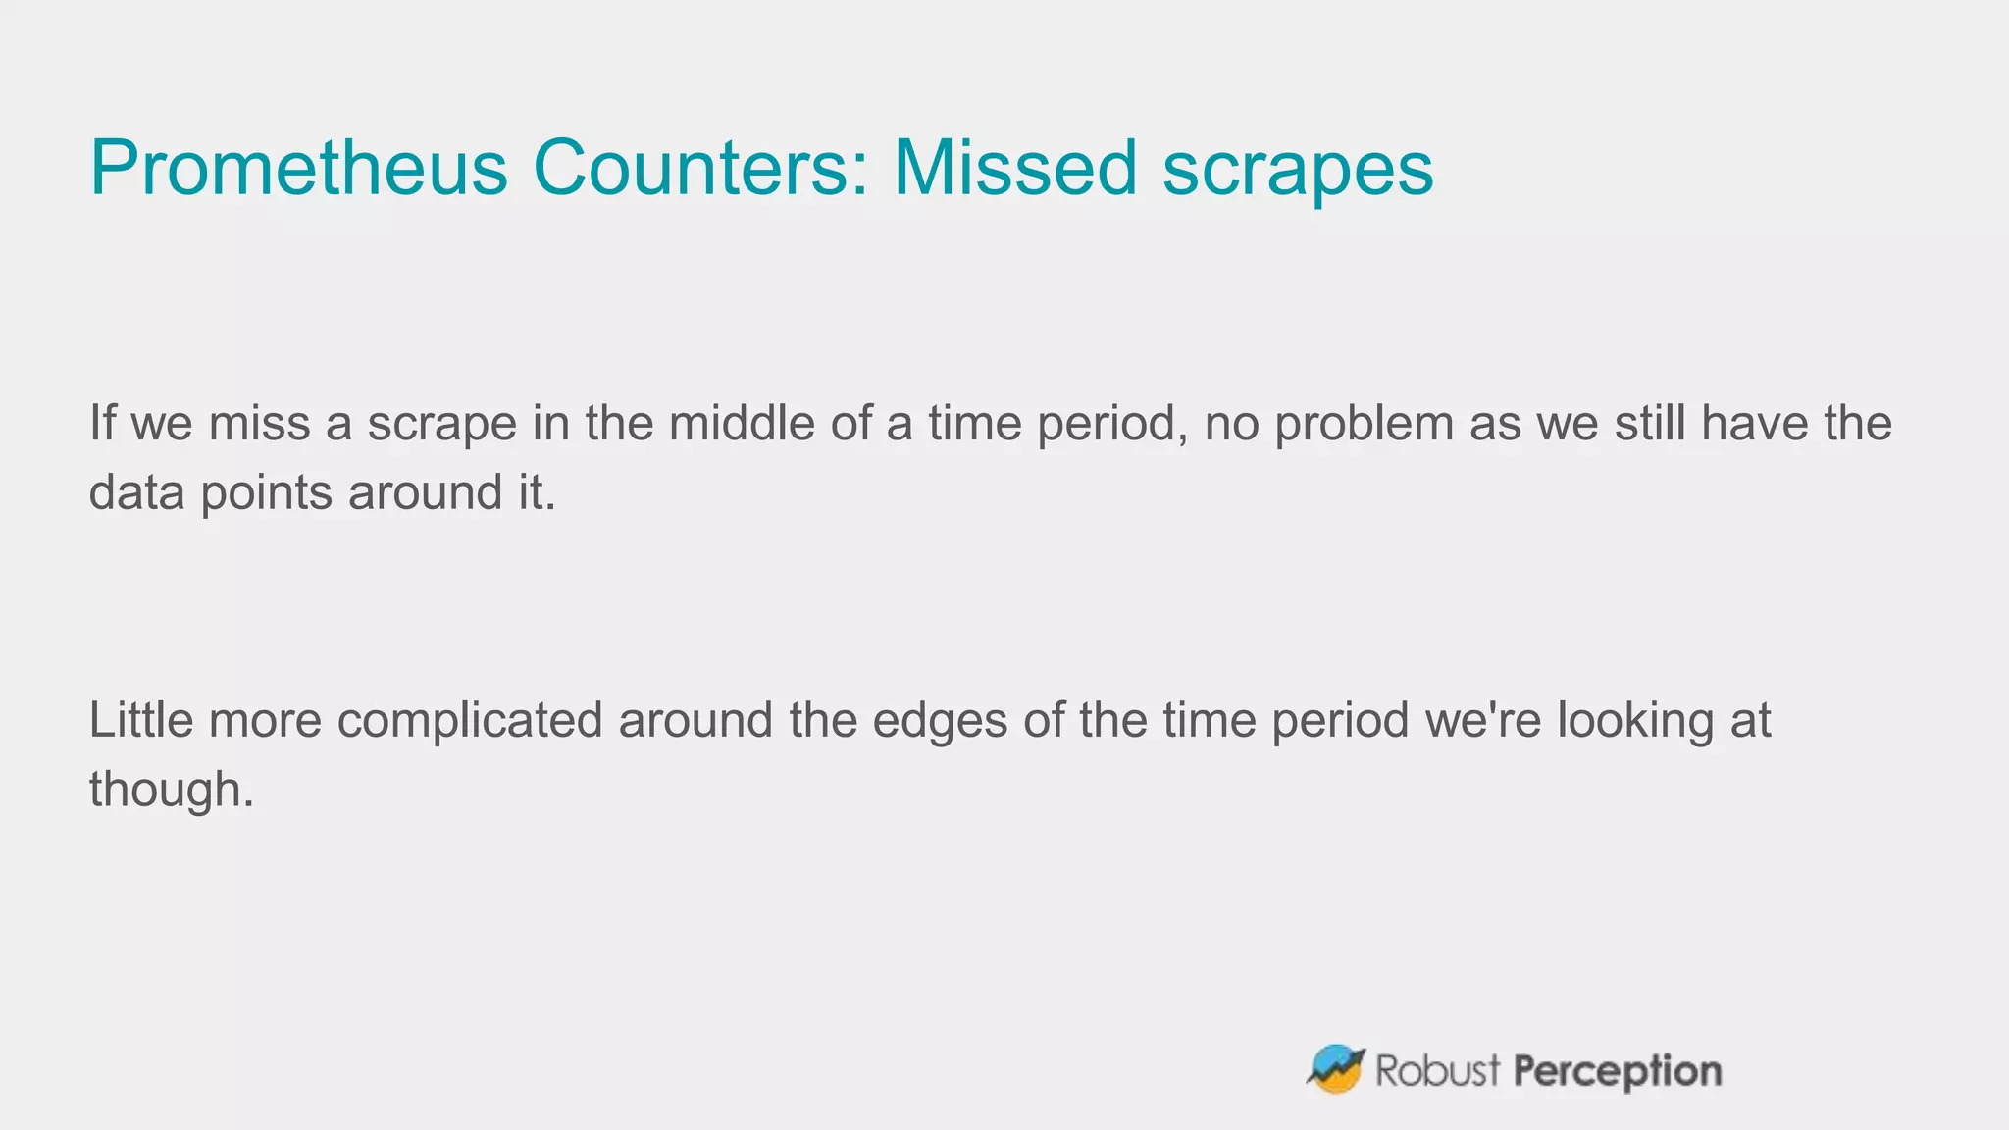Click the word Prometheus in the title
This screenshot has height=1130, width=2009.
click(x=298, y=169)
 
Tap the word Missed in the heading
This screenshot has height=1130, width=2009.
click(x=1014, y=169)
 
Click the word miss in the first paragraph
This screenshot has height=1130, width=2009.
click(x=259, y=424)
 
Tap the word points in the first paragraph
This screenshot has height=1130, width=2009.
click(x=266, y=493)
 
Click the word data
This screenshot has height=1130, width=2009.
click(x=136, y=492)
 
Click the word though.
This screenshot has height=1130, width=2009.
click(x=171, y=791)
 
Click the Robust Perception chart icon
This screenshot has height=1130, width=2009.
click(x=1336, y=1069)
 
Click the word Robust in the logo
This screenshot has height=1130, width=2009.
click(x=1437, y=1070)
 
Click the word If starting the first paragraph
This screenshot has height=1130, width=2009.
click(x=101, y=424)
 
